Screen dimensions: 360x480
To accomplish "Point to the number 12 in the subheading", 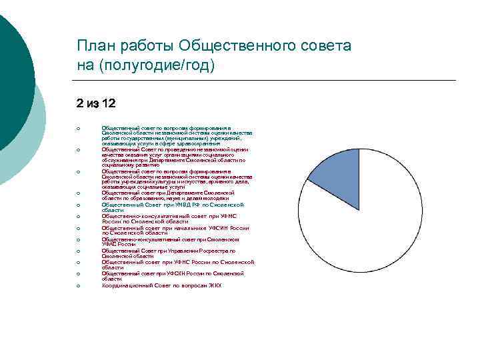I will (107, 103).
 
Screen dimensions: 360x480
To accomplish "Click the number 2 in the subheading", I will (80, 103).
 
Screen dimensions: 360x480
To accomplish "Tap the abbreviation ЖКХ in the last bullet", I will (214, 285).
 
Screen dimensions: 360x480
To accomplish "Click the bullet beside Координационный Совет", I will (79, 286).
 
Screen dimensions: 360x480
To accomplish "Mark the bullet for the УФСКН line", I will (79, 274).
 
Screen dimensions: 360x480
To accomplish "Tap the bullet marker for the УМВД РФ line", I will (79, 205).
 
